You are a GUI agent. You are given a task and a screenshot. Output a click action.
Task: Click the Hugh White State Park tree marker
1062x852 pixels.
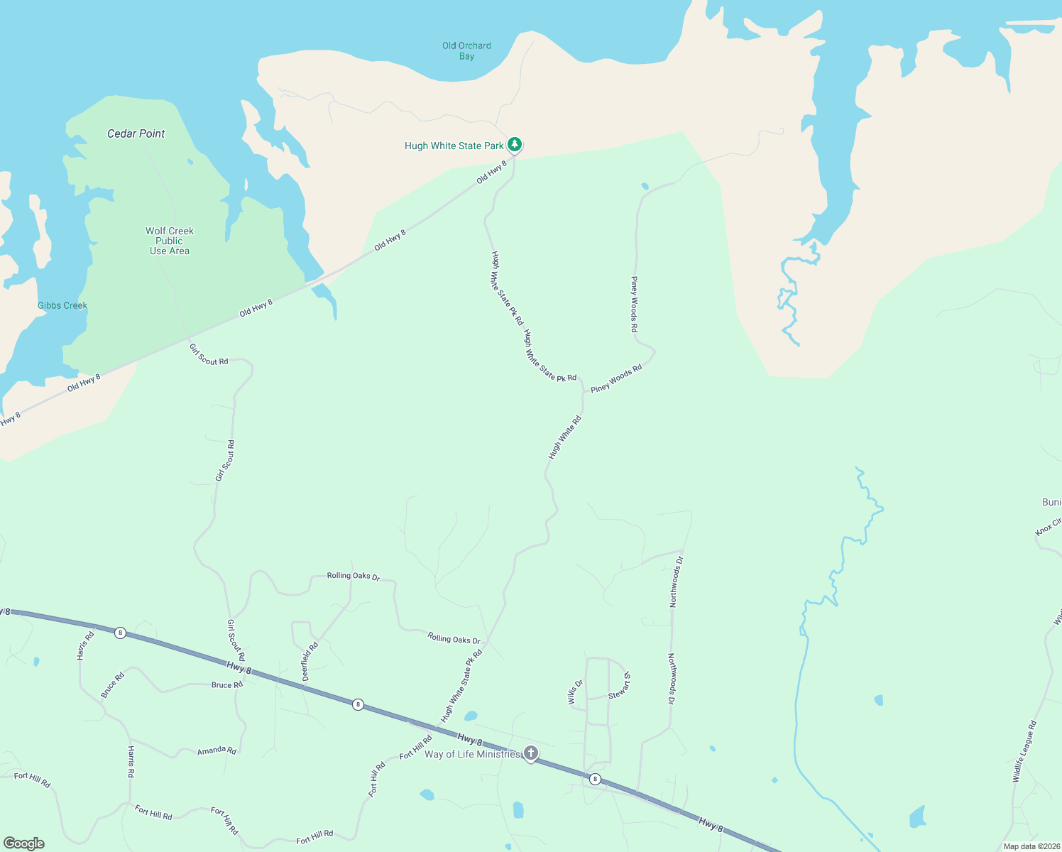[x=515, y=144]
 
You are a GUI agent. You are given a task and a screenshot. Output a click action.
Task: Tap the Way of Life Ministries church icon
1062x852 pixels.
[x=531, y=753]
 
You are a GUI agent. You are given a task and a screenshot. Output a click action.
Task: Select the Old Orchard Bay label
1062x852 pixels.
[x=466, y=51]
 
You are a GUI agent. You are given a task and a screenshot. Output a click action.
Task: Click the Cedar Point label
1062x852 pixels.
[x=136, y=133]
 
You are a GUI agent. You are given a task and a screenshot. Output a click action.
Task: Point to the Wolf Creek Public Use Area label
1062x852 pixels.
[x=170, y=241]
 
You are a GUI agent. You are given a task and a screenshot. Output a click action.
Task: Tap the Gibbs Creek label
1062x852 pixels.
[x=62, y=305]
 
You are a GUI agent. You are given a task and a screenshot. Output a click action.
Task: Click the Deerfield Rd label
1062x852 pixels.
[x=310, y=662]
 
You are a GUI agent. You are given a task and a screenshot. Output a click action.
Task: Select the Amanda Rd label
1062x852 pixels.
[x=217, y=750]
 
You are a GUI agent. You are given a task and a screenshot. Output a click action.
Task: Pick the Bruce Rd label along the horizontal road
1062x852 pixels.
[x=227, y=685]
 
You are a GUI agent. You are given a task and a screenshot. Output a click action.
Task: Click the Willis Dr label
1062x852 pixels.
[x=575, y=692]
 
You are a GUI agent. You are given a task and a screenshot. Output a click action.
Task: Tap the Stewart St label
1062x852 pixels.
[x=619, y=685]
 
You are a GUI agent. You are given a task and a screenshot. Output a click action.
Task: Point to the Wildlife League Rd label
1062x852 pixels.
[x=1024, y=751]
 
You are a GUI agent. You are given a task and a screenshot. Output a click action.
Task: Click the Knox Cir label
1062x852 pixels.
[x=1048, y=527]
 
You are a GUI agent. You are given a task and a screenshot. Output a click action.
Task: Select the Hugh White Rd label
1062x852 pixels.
[x=565, y=437]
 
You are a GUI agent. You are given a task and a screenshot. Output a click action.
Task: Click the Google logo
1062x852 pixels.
[x=24, y=843]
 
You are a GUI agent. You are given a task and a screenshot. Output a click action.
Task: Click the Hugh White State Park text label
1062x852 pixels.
[x=454, y=146]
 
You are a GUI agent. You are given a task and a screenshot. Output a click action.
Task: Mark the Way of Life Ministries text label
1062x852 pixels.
[x=472, y=754]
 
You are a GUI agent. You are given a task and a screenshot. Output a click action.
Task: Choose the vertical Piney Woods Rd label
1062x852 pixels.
[x=635, y=305]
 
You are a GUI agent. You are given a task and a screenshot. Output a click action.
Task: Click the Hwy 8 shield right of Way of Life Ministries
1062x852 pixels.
[x=595, y=779]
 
